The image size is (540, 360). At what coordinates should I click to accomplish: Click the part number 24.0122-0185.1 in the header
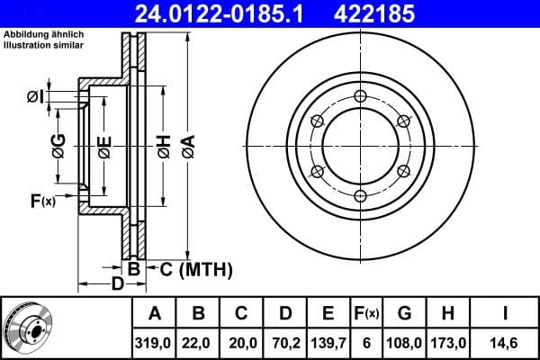tap(231, 13)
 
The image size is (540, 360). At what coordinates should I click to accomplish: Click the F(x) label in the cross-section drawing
tap(42, 201)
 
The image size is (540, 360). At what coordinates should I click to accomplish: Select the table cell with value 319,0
tap(154, 343)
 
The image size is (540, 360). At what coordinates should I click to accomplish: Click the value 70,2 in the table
tap(283, 343)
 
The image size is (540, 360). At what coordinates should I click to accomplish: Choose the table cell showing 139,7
tap(328, 343)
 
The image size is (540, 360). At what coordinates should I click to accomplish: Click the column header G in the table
tap(404, 314)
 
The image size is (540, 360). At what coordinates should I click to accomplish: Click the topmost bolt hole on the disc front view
tap(360, 96)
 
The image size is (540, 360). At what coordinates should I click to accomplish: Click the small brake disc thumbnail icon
tap(27, 328)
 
